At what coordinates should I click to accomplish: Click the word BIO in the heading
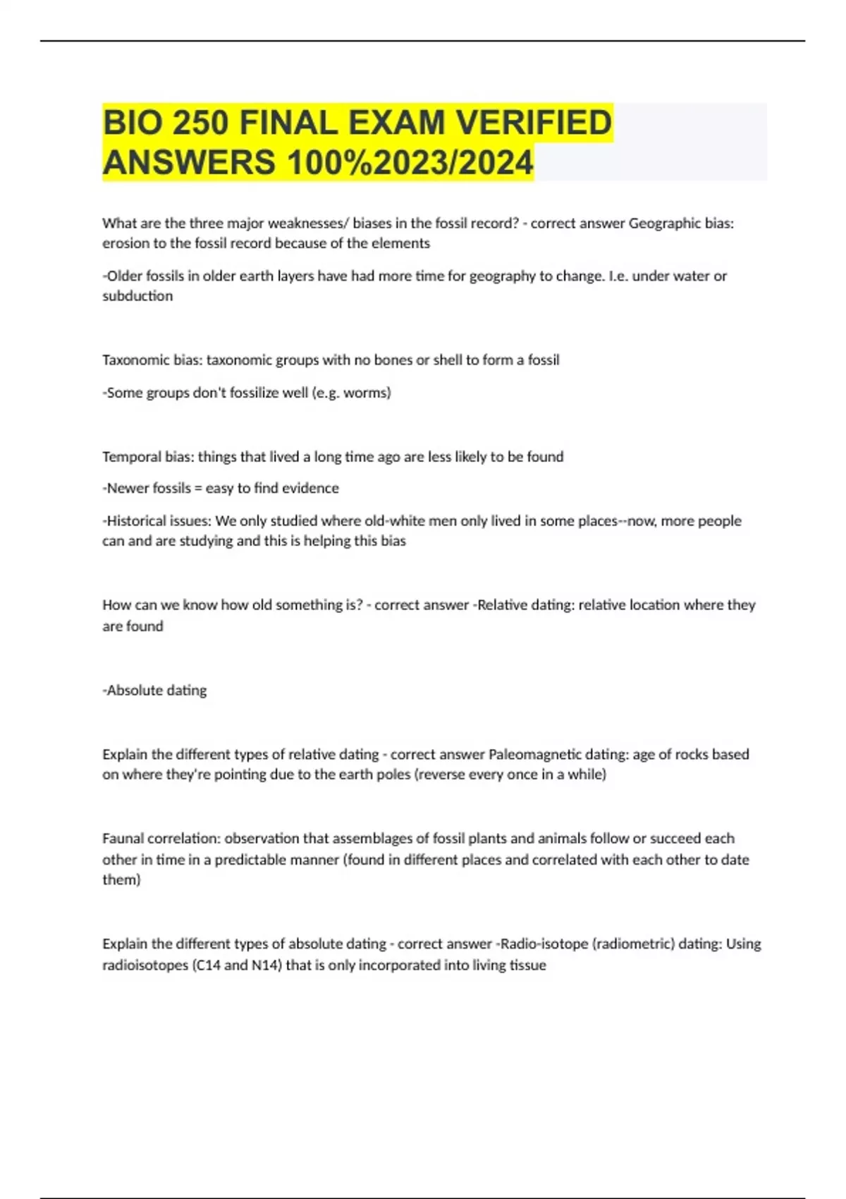pos(132,123)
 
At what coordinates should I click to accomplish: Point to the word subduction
pos(137,296)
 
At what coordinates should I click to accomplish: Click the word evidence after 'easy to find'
pos(310,488)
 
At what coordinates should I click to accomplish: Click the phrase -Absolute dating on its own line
pos(155,690)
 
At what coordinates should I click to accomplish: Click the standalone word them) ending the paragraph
pos(121,880)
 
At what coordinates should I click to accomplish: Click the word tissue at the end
pos(527,965)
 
